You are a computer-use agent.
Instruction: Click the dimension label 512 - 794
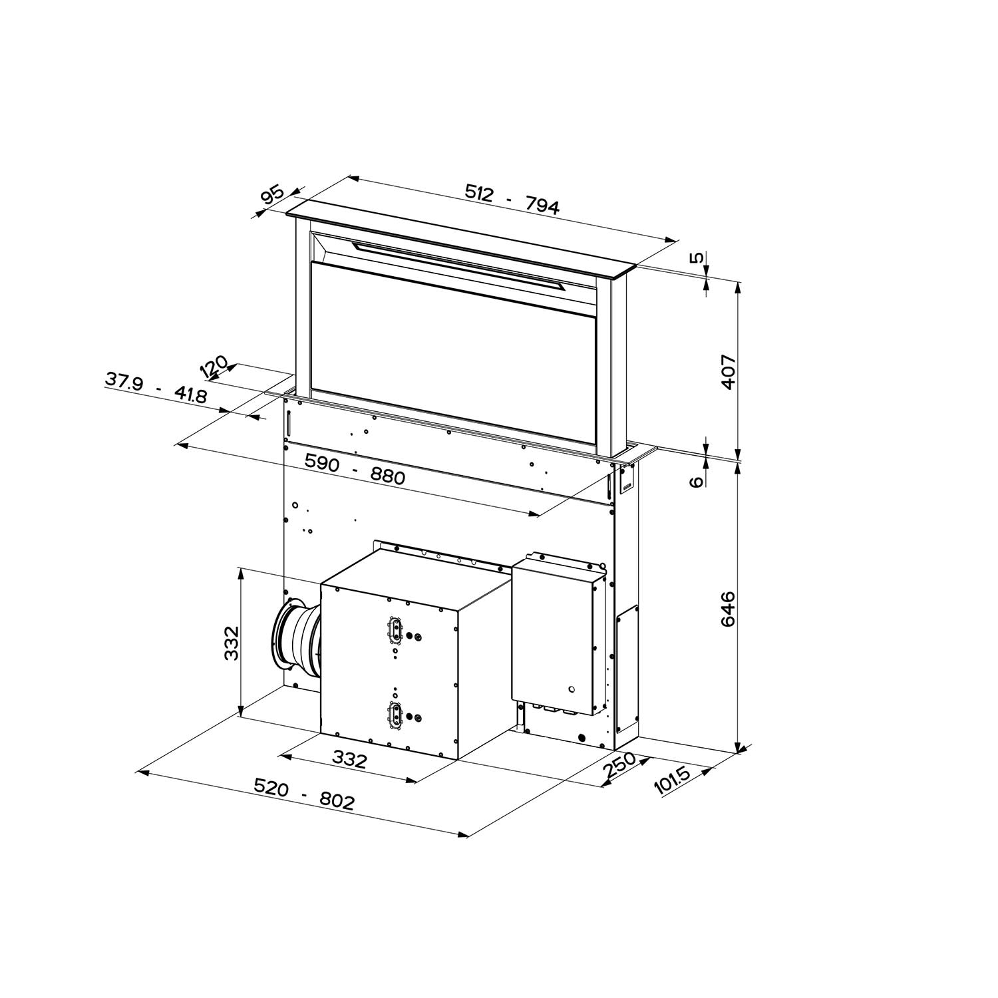[x=512, y=199]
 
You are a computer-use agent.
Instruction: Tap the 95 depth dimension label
[x=272, y=196]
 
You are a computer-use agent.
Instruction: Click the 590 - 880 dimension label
[x=354, y=468]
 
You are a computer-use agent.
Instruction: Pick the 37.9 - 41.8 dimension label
[x=156, y=387]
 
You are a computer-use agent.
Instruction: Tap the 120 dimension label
[x=214, y=367]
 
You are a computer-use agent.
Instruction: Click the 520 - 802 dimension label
[x=303, y=795]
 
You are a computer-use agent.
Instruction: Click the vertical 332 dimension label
[x=231, y=642]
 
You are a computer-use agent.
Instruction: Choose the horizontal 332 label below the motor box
[x=349, y=758]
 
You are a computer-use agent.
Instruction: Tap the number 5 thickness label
[x=697, y=258]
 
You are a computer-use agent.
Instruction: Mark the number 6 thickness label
[x=697, y=482]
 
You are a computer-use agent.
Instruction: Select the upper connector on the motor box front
[x=395, y=629]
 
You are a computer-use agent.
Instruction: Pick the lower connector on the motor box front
[x=395, y=715]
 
